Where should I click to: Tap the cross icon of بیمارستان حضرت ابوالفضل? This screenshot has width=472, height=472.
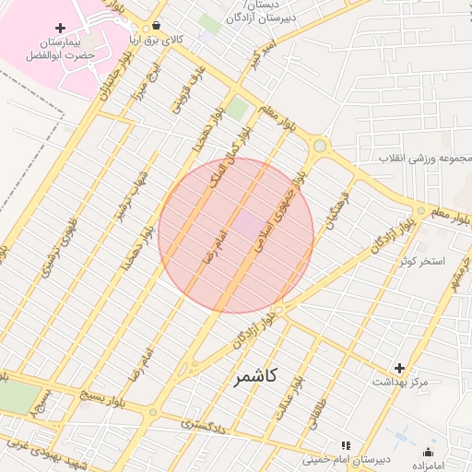click(61, 29)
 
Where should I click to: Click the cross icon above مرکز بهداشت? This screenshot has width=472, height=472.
click(399, 368)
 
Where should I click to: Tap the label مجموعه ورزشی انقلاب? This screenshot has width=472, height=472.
click(423, 159)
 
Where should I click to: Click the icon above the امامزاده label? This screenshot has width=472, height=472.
click(428, 452)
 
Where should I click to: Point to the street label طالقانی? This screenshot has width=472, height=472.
click(342, 400)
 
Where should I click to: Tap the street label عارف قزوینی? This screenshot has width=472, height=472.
click(184, 89)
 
